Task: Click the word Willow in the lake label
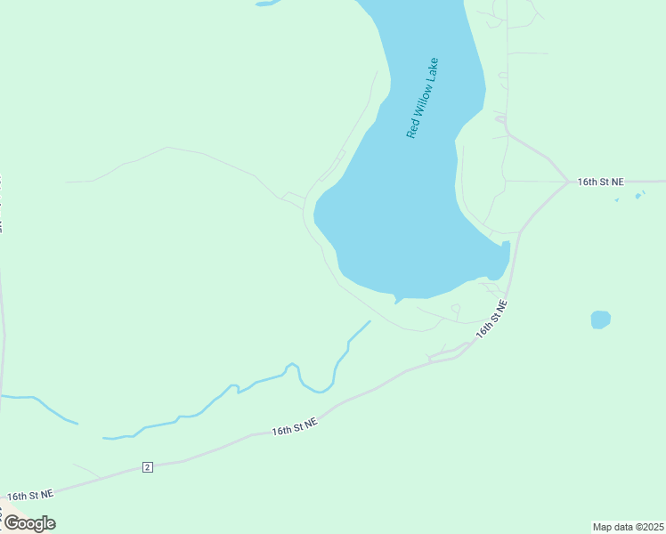point(421,101)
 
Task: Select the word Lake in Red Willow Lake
point(432,70)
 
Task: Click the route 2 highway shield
point(147,467)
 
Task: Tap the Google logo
point(28,523)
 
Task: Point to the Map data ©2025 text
point(628,526)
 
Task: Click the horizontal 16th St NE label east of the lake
point(600,182)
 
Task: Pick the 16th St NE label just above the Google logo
point(30,494)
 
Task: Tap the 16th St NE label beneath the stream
point(295,428)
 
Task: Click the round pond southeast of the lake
point(601,319)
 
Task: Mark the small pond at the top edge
point(266,4)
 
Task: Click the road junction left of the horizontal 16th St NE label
point(569,182)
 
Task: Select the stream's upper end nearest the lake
point(369,322)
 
